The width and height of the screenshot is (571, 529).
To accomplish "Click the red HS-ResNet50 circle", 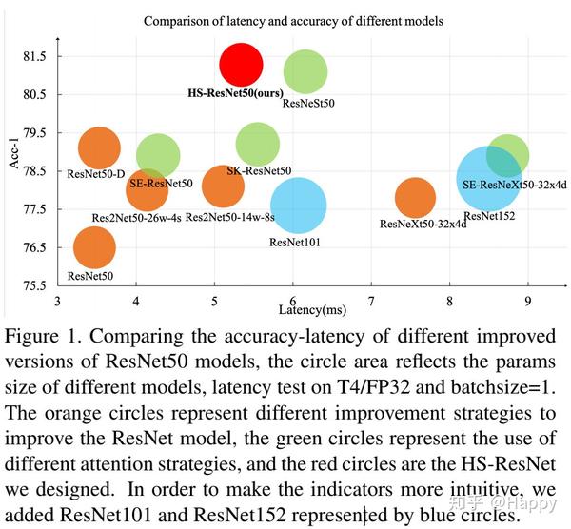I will (x=241, y=64).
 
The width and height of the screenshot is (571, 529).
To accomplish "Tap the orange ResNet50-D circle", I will (x=99, y=147).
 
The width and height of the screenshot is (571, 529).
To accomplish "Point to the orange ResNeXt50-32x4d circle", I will (x=414, y=198).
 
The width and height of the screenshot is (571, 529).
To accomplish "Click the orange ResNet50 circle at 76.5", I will (x=93, y=247).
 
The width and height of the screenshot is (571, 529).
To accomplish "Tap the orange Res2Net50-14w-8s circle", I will (x=224, y=186).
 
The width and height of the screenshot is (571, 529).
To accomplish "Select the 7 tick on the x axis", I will (x=371, y=302).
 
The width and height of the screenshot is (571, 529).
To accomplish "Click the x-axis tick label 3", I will (x=58, y=302).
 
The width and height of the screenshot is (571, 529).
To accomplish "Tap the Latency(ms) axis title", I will (x=310, y=310).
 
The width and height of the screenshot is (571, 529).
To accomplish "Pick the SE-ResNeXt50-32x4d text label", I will (x=515, y=184).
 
